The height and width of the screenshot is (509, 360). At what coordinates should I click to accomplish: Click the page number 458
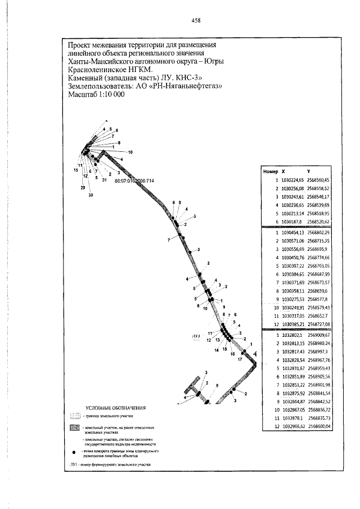point(196,20)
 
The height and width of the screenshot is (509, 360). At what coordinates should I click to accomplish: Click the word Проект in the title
point(80,44)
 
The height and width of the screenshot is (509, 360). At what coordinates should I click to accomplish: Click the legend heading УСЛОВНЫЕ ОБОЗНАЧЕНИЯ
point(116,407)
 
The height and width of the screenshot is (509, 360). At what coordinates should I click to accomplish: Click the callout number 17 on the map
point(239,358)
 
